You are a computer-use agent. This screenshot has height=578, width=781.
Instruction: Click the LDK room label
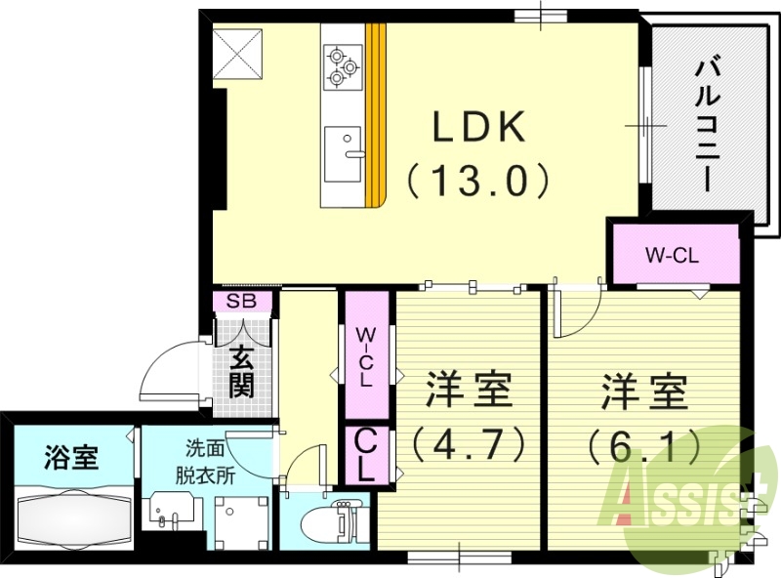click(x=480, y=127)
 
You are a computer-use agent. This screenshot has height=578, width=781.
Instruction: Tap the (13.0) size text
click(x=480, y=179)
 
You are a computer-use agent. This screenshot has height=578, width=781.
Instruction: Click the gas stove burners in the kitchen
click(x=341, y=65)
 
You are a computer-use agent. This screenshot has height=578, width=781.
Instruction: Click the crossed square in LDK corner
click(x=238, y=54)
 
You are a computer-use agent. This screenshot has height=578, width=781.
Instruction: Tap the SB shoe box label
click(x=241, y=301)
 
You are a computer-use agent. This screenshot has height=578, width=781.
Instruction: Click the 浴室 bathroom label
click(x=71, y=457)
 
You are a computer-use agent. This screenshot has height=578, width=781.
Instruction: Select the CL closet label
click(x=364, y=454)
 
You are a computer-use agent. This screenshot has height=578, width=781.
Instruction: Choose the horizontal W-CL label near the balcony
click(x=674, y=256)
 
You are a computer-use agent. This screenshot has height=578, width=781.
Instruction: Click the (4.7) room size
click(x=469, y=444)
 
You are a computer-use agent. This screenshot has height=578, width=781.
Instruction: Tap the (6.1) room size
click(x=644, y=444)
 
